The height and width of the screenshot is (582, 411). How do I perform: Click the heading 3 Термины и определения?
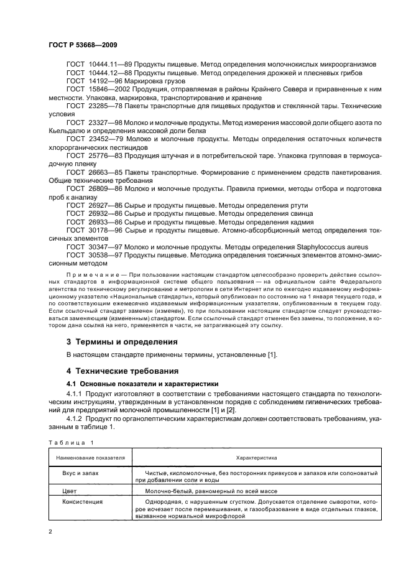pos(122,341)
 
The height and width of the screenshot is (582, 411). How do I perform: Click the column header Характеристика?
pos(256,456)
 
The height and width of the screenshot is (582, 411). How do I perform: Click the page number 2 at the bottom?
pos(51,532)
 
